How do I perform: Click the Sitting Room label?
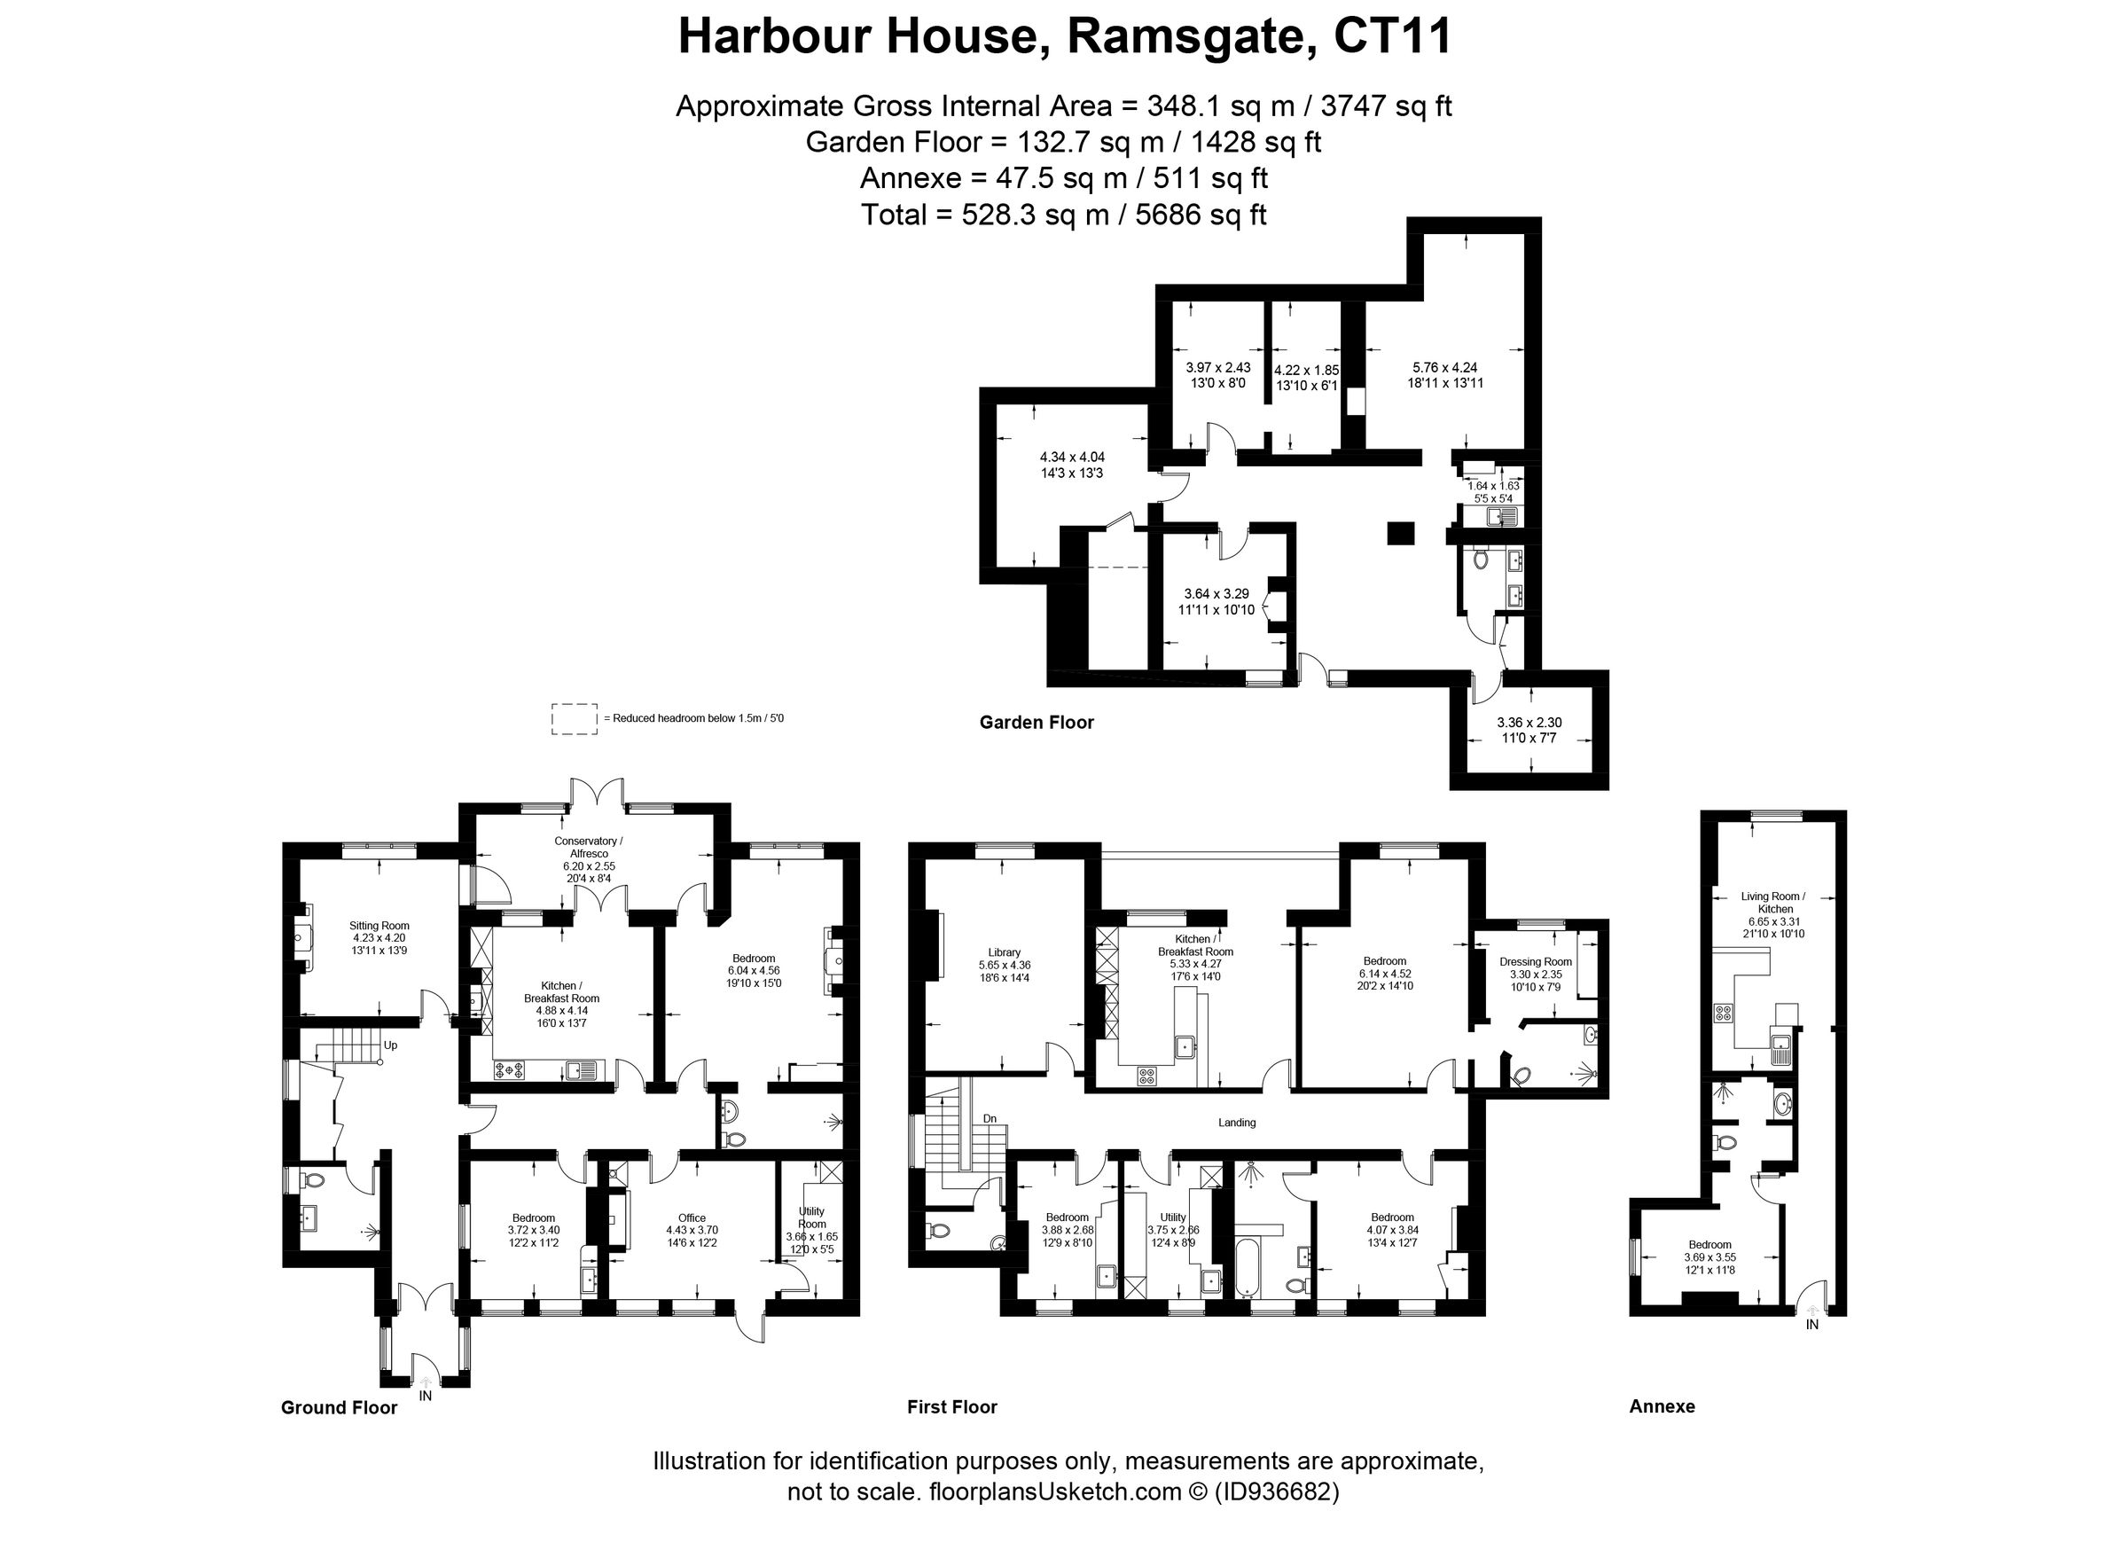379,925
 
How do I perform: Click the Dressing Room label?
1535,962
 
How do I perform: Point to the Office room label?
692,1217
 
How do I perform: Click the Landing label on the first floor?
1236,1123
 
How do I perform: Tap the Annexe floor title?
1662,1406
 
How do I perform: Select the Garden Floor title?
1036,723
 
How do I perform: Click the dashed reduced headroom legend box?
575,719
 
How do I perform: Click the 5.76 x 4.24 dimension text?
1445,368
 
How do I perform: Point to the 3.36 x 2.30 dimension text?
1529,723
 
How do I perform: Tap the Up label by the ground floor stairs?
390,1045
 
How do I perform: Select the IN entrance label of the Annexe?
1811,1325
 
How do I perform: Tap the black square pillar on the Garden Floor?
1400,533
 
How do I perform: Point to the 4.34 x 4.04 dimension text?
1070,457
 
